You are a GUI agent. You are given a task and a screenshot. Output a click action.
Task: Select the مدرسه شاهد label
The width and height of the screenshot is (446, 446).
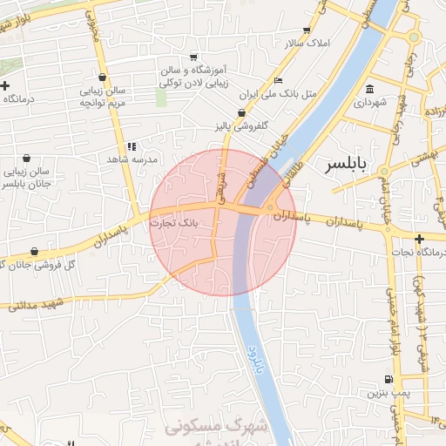click(131, 160)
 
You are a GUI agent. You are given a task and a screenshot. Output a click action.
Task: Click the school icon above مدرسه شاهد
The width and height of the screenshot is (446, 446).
click(132, 146)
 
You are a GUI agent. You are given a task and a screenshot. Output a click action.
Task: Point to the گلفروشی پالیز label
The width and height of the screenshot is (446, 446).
click(240, 127)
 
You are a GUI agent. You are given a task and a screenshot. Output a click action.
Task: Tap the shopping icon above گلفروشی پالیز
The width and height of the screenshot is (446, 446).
click(241, 113)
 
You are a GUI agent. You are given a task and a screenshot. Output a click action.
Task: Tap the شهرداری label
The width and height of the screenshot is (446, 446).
click(370, 103)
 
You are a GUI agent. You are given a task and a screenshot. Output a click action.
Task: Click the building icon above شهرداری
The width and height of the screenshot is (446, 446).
click(370, 89)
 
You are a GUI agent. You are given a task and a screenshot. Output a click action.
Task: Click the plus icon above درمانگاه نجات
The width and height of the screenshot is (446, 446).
click(419, 239)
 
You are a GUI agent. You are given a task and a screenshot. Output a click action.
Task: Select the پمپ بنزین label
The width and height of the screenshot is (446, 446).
click(389, 394)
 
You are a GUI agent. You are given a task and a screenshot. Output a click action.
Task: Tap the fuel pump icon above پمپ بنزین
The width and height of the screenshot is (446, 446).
click(389, 380)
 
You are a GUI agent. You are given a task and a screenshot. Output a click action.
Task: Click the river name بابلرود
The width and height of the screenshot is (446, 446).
click(259, 364)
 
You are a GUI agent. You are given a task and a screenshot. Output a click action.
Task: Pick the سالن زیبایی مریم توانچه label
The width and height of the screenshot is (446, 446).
click(105, 97)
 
